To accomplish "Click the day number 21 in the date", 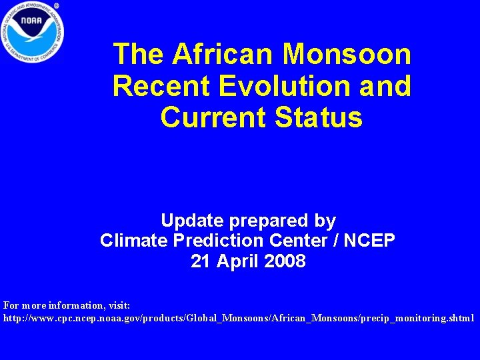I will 200,261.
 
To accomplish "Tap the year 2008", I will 285,261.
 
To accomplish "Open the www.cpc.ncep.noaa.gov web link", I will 239,319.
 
